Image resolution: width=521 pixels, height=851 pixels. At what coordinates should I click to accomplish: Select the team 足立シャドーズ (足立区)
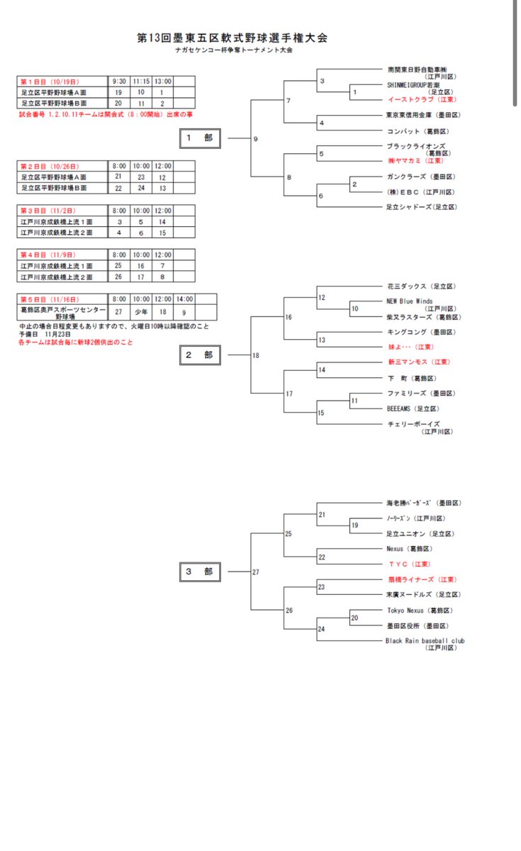click(x=421, y=206)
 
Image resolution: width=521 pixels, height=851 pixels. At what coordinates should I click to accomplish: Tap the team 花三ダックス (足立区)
click(x=420, y=286)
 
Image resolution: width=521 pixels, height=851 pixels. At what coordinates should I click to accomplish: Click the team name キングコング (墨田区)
click(x=420, y=332)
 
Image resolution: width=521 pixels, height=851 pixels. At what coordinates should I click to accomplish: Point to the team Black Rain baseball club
click(x=425, y=641)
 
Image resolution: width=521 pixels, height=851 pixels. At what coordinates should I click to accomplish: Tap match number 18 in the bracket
click(x=257, y=355)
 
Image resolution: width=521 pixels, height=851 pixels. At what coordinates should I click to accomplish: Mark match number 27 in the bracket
click(x=257, y=572)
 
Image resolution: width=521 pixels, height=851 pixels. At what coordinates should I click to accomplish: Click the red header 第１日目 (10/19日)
click(x=50, y=82)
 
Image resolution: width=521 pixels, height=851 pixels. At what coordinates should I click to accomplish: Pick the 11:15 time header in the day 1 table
click(x=141, y=82)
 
